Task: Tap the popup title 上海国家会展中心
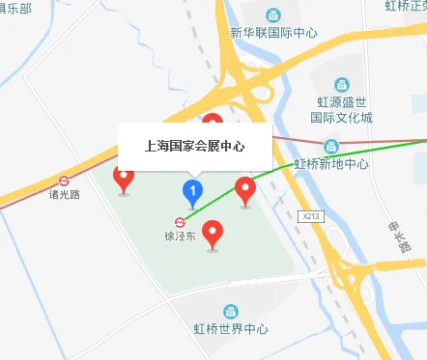(x=193, y=148)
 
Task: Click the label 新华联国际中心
(x=274, y=32)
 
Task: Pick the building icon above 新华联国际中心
(x=274, y=14)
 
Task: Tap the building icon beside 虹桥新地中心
(x=331, y=146)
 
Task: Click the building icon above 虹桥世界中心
(x=230, y=312)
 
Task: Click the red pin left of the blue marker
(x=124, y=178)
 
